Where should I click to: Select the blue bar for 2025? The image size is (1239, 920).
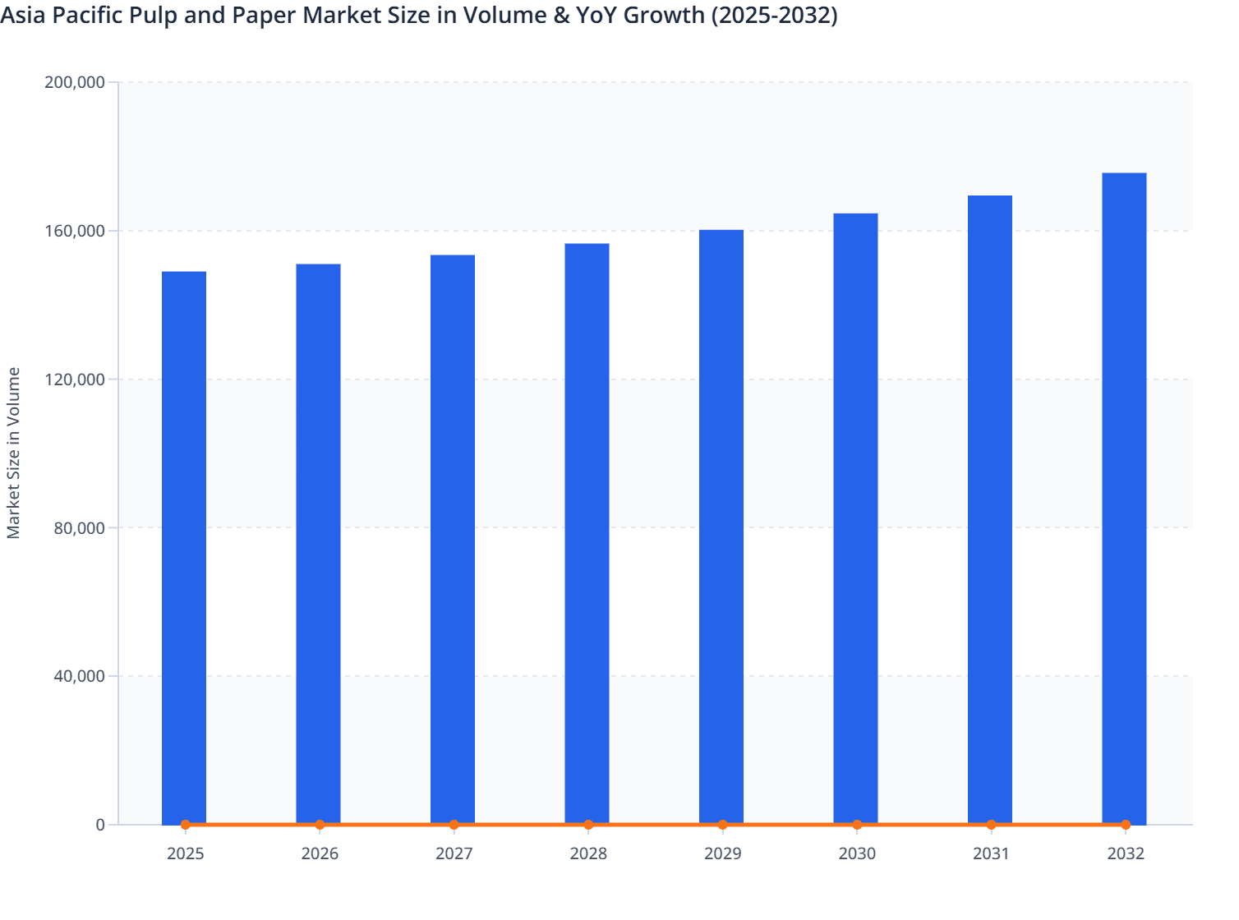coord(184,547)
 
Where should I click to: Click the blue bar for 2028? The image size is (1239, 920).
coord(587,534)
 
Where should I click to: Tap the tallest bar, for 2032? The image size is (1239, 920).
coord(1124,498)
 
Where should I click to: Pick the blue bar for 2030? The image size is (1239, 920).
coord(855,518)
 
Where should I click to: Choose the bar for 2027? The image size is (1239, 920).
coord(453,539)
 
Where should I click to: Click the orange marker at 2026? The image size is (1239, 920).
coord(320,824)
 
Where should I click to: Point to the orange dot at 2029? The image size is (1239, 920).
coord(722,824)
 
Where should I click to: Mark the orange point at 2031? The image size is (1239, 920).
coord(991,824)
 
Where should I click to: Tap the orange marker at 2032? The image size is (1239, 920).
coord(1125,824)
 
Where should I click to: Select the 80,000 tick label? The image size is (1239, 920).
coord(79,528)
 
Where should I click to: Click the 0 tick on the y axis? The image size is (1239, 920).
coord(100,825)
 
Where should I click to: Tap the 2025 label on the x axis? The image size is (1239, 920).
coord(185,853)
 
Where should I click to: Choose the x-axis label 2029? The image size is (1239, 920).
coord(722,853)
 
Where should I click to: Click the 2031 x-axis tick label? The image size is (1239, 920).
coord(991,853)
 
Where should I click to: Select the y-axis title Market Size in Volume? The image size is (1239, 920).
coord(13,453)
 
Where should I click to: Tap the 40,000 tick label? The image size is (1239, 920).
coord(79,676)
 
